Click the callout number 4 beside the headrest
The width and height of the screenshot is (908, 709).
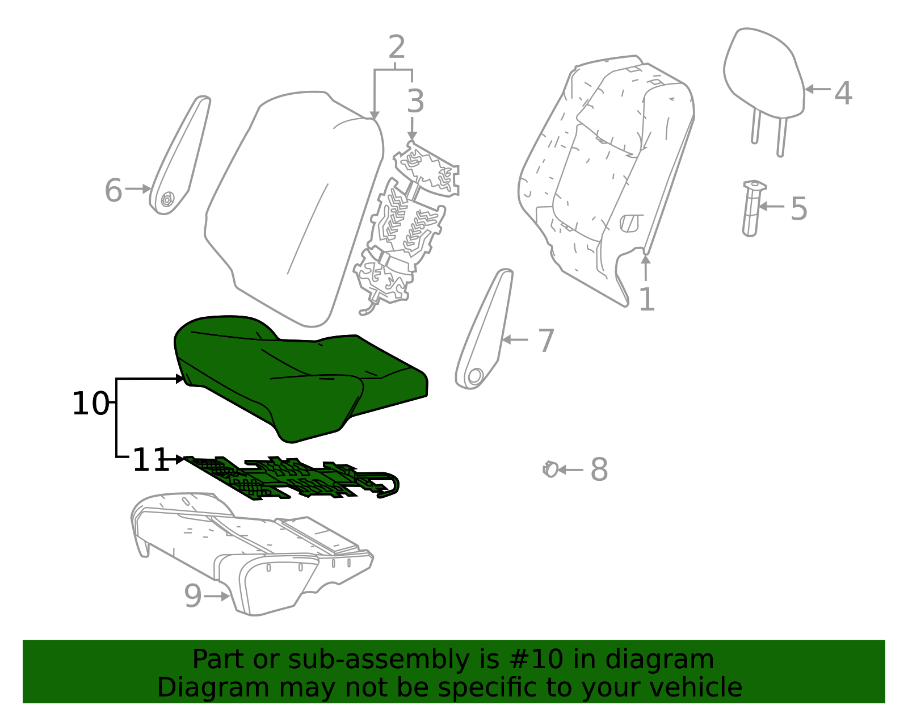(x=843, y=93)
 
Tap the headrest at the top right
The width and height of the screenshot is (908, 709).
(x=763, y=74)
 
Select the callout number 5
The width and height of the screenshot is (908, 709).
(x=798, y=209)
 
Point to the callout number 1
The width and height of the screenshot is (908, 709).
(x=646, y=299)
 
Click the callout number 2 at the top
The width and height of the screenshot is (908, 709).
(x=397, y=47)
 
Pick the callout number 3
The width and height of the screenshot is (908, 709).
(x=415, y=102)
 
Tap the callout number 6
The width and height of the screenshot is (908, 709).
(x=113, y=191)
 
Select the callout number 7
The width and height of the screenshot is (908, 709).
(x=546, y=341)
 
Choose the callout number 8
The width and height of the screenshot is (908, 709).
(x=599, y=470)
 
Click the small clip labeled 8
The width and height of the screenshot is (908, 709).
(x=550, y=469)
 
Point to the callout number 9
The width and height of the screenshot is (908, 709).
(x=192, y=597)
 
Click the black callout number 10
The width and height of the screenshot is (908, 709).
(x=90, y=404)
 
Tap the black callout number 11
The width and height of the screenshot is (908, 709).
(x=150, y=460)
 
